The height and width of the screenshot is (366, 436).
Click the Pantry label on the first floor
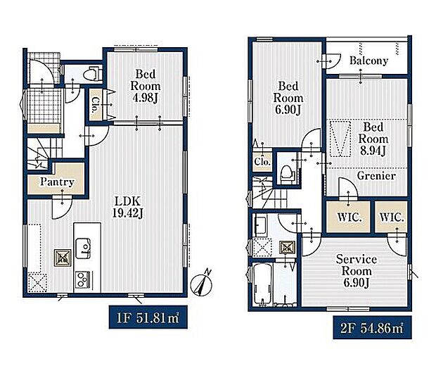57,182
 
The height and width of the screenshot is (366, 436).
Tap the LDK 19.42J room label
128,207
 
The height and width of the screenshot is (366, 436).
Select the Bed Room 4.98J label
145,86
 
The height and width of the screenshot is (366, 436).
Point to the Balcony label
368,61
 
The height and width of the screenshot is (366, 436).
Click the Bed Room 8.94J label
373,139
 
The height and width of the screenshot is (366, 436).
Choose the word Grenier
376,176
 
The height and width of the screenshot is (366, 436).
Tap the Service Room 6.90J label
357,271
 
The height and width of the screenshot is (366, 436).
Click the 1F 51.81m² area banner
148,317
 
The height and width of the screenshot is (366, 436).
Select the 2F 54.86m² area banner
372,327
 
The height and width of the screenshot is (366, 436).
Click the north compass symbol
202,284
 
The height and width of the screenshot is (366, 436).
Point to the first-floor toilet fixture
91,73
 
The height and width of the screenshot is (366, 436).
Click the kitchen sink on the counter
84,247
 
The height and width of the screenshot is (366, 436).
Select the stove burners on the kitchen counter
82,279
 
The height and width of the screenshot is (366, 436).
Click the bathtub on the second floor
262,284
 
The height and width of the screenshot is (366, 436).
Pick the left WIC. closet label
350,217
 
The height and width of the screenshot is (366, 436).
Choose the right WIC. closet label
392,217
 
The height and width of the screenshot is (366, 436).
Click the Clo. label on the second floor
262,162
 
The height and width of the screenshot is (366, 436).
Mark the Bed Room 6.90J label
288,98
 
